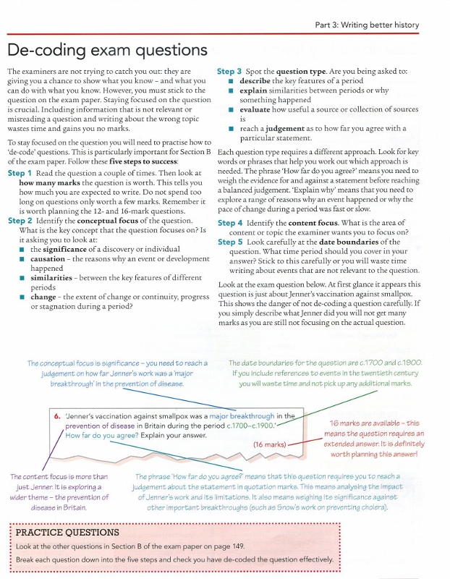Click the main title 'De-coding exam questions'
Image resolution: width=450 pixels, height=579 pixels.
click(107, 50)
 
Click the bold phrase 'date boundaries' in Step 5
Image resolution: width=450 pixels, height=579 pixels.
click(346, 242)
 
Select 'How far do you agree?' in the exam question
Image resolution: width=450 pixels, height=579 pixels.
click(101, 436)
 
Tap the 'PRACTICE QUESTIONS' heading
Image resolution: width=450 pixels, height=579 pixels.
click(67, 532)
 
